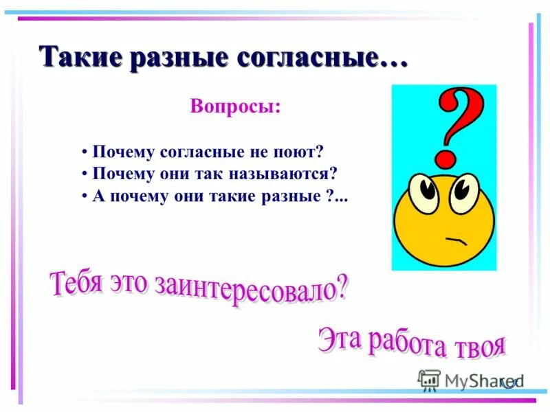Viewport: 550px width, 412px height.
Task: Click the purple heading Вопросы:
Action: (x=235, y=108)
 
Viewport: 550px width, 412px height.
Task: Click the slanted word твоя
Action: (x=480, y=347)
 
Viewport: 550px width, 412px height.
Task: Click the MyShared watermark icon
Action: (x=429, y=379)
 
